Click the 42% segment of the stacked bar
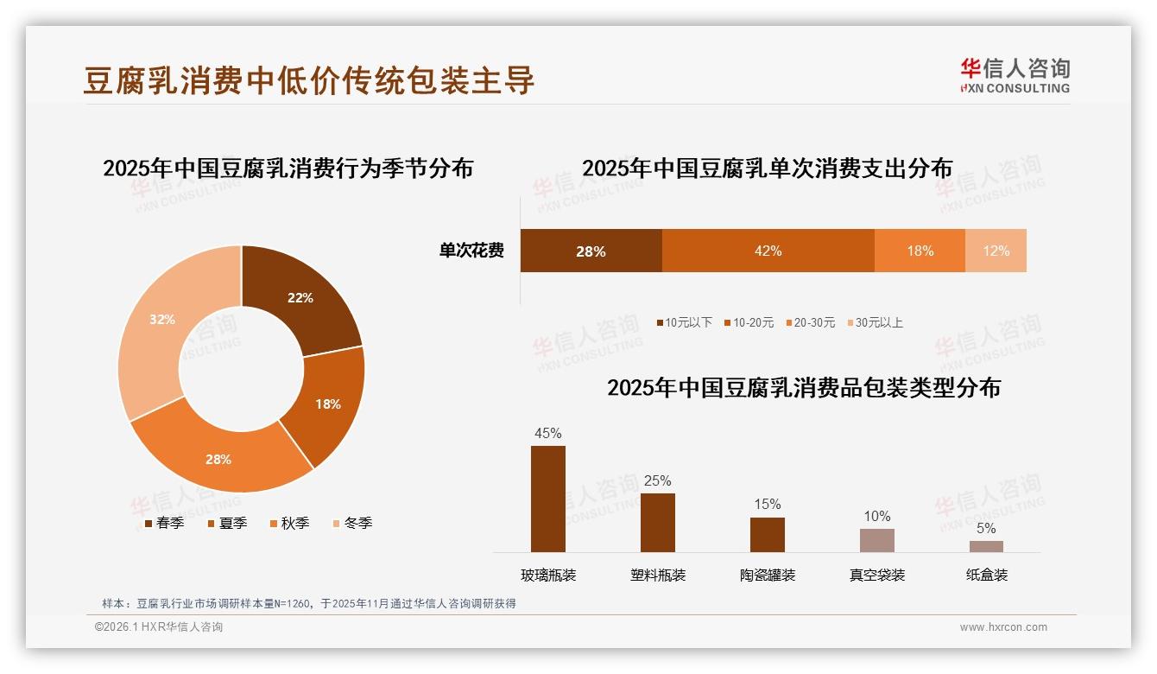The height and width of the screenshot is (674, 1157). tap(768, 251)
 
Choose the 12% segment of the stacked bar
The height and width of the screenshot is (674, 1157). tap(996, 251)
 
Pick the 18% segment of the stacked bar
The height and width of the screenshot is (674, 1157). tap(920, 251)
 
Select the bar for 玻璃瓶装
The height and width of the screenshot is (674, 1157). tap(547, 499)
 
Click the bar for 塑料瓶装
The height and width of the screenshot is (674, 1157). tap(657, 523)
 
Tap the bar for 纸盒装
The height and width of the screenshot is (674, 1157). tap(986, 546)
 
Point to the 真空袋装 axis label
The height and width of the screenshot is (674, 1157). tap(876, 575)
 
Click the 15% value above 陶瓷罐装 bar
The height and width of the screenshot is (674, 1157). tap(767, 504)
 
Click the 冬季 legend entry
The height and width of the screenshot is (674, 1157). tap(351, 523)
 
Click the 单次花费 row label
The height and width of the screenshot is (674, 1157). tap(471, 251)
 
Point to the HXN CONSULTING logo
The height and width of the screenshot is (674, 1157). tap(1015, 76)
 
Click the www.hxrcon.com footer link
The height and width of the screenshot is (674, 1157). tap(1003, 627)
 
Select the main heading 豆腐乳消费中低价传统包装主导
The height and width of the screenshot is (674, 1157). tap(309, 80)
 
